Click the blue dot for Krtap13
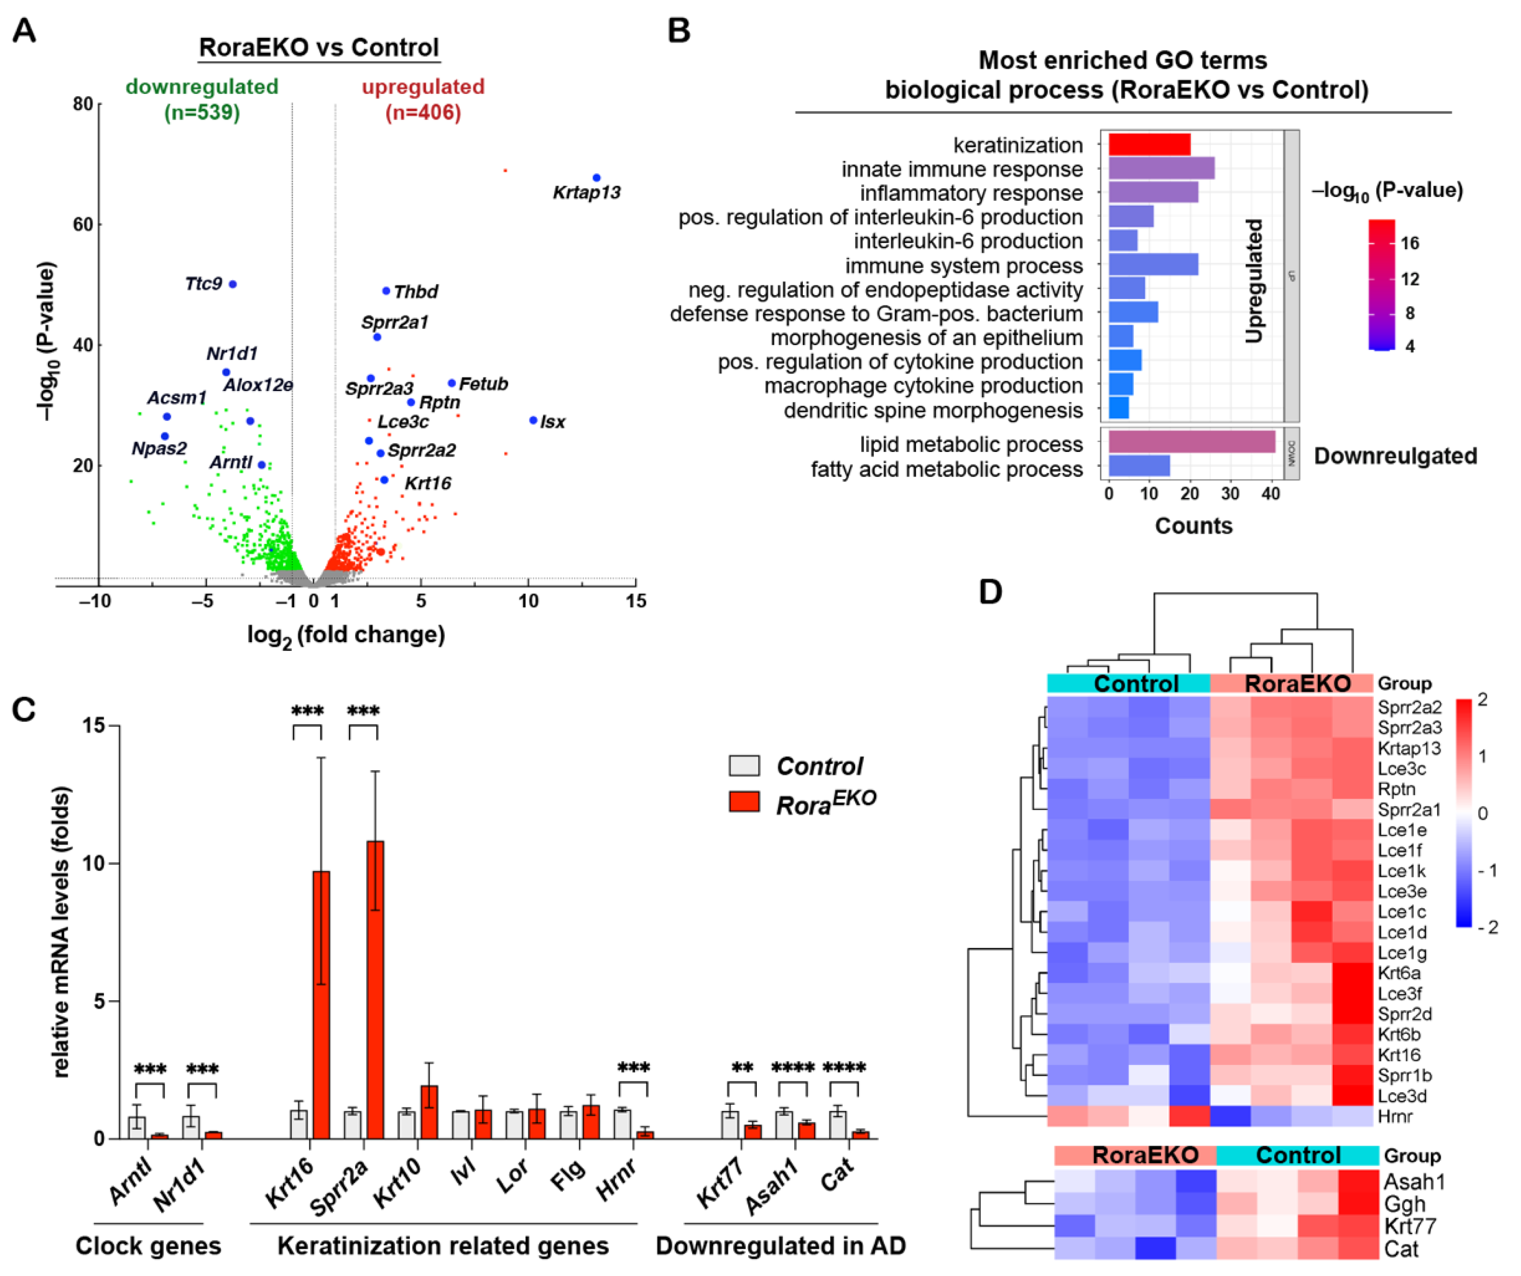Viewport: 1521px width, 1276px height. [x=596, y=178]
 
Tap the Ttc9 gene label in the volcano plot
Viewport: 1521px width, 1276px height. [x=204, y=283]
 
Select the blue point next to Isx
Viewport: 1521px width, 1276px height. [x=533, y=420]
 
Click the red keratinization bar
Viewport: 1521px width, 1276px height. [x=1149, y=144]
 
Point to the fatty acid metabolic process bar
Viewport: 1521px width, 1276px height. [x=1139, y=465]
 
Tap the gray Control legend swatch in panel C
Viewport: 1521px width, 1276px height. [x=744, y=766]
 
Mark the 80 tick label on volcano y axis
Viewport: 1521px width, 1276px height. [x=83, y=105]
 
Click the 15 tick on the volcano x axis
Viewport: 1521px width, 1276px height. [x=636, y=600]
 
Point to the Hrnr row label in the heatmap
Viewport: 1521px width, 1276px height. [x=1394, y=1116]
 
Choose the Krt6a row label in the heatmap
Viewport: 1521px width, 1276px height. [x=1399, y=973]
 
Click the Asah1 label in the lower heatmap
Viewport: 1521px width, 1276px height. [x=1414, y=1182]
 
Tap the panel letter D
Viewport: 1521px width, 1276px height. [x=990, y=592]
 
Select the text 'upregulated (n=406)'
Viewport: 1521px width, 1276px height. [x=423, y=99]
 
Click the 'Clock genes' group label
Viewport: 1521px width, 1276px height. [x=149, y=1246]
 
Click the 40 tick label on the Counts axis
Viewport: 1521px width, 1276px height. [x=1270, y=494]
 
